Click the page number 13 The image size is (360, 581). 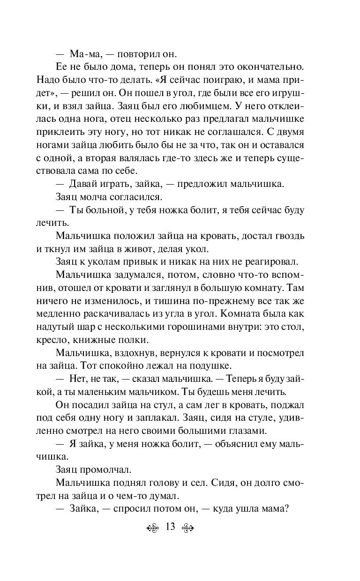(x=170, y=527)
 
